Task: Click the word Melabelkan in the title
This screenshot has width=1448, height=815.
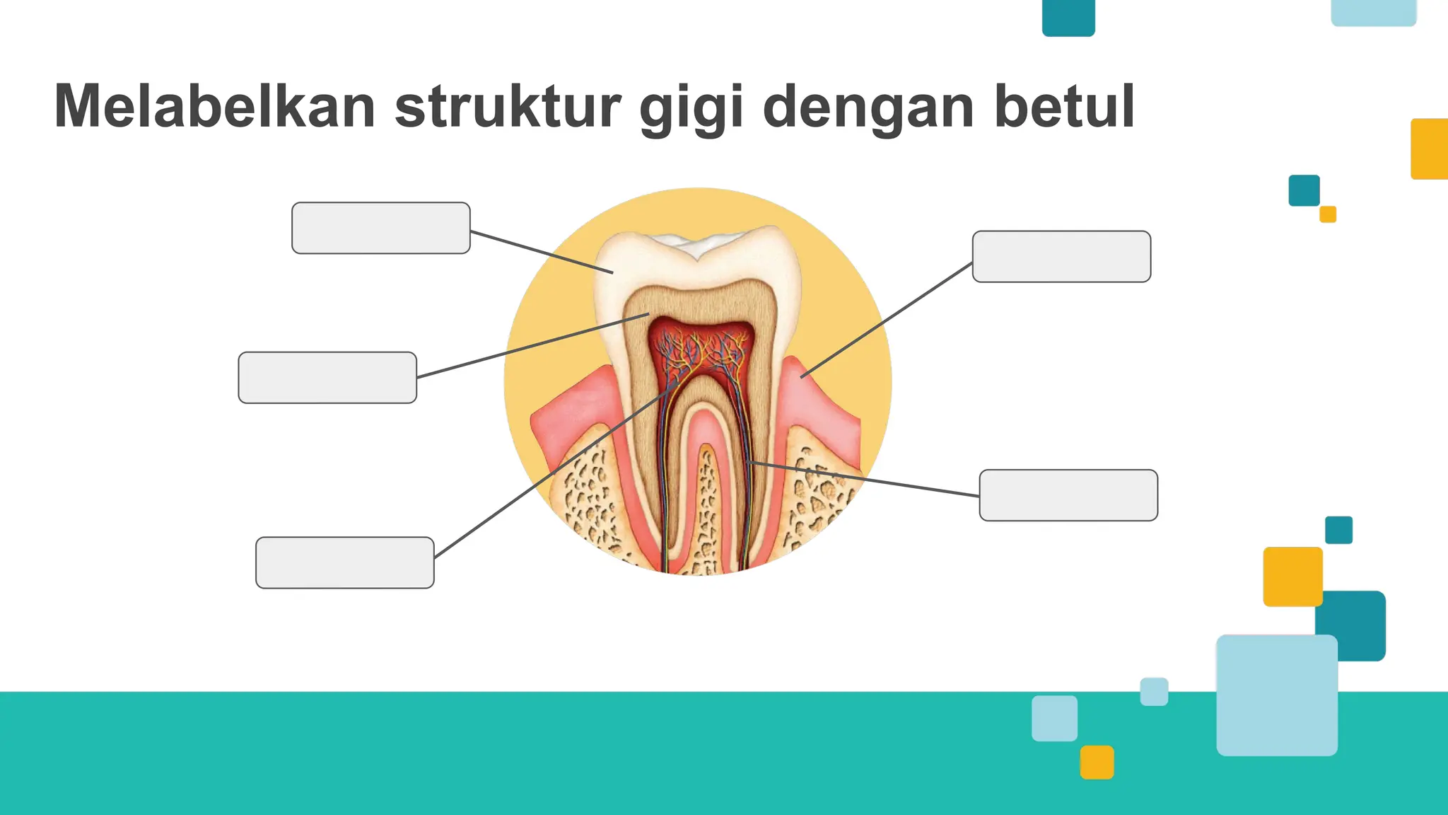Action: pyautogui.click(x=214, y=108)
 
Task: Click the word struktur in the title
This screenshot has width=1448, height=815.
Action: pyautogui.click(x=508, y=108)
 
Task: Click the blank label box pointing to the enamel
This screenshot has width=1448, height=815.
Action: pyautogui.click(x=380, y=228)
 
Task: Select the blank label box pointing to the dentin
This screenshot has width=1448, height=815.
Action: pyautogui.click(x=327, y=378)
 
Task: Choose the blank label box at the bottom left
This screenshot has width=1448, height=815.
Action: pyautogui.click(x=344, y=562)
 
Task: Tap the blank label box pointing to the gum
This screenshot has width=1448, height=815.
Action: pyautogui.click(x=1061, y=256)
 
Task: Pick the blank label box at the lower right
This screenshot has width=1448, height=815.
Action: pyautogui.click(x=1068, y=495)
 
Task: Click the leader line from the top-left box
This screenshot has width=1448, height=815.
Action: pyautogui.click(x=541, y=251)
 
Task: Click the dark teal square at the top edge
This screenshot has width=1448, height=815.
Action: pyautogui.click(x=1068, y=17)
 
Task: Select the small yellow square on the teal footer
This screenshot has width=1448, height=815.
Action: pyautogui.click(x=1097, y=762)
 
